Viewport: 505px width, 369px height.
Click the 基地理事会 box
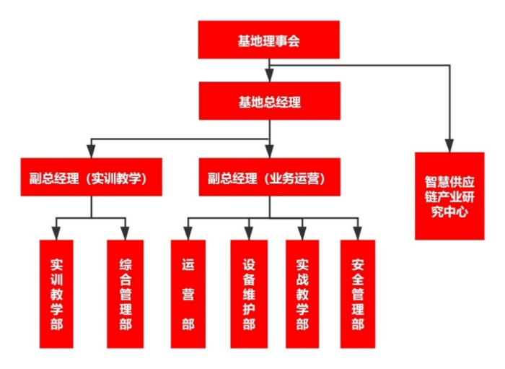269,40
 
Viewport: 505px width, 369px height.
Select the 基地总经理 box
269,101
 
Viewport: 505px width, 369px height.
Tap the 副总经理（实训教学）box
90,177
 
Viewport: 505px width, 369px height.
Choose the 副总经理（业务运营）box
269,177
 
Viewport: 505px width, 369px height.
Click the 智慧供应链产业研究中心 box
450,195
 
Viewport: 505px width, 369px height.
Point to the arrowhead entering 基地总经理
269,75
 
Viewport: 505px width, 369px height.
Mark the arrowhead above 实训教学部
56,233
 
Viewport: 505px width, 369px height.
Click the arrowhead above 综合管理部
125,233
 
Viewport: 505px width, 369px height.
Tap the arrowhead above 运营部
188,233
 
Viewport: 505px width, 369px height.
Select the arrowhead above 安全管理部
357,233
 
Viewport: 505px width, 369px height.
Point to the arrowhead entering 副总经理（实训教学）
90,151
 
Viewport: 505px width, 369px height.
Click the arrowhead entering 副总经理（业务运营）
269,151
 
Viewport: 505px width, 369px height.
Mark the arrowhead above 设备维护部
248,233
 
